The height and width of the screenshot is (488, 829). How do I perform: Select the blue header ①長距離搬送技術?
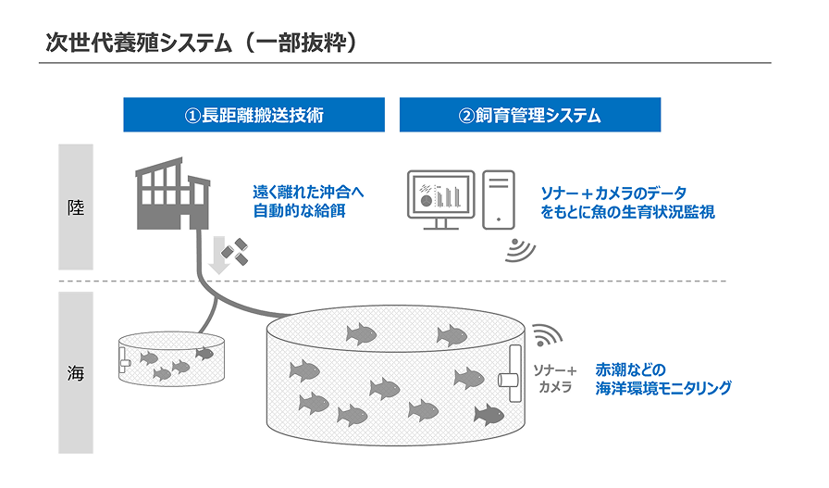[x=254, y=115]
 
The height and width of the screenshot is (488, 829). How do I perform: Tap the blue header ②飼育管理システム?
[x=529, y=115]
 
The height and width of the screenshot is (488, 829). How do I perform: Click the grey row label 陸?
[x=76, y=207]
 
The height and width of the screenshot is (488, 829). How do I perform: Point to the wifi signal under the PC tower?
[x=522, y=249]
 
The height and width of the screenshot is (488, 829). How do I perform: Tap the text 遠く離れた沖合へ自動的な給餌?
[x=309, y=202]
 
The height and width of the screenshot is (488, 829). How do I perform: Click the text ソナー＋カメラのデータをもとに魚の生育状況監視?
[x=627, y=202]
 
